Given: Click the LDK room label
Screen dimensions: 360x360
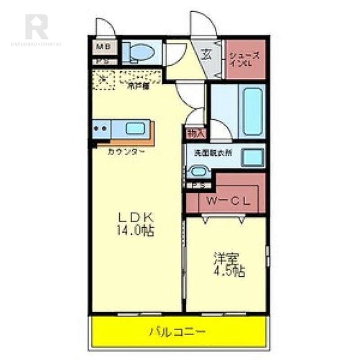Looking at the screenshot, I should [135, 217].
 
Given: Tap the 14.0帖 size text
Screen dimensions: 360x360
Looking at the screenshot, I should [136, 231].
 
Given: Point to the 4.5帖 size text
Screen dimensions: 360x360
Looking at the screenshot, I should [229, 272].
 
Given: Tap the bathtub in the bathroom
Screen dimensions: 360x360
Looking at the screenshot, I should [252, 111].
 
